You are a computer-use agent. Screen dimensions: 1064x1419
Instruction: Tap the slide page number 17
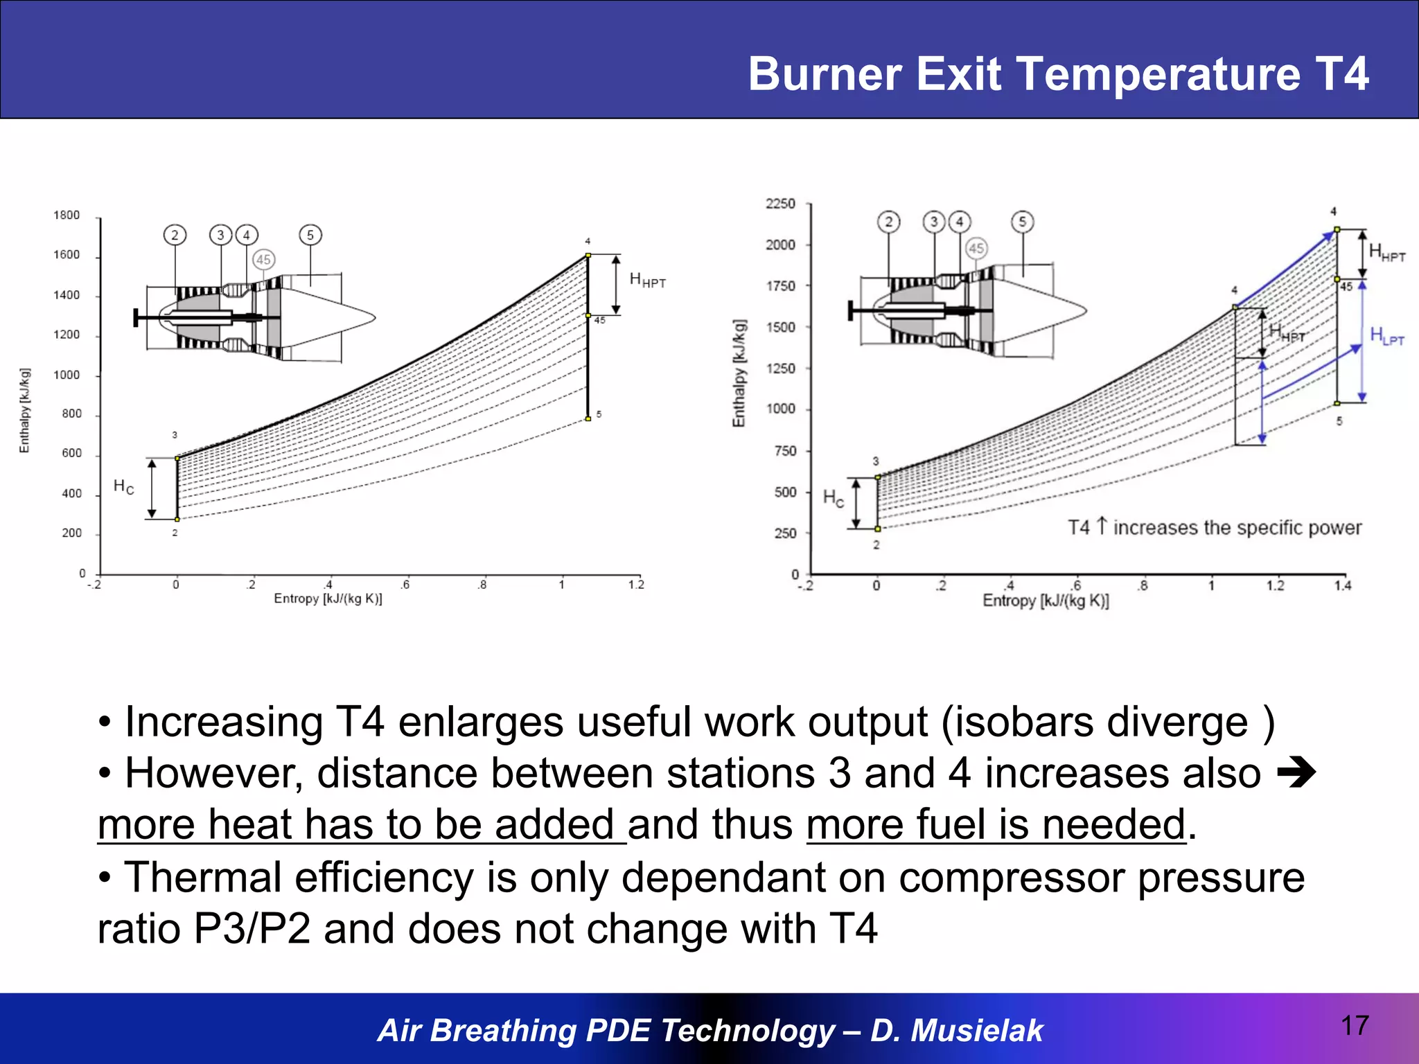(1355, 1026)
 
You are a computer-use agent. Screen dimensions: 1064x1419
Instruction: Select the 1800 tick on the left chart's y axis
(67, 215)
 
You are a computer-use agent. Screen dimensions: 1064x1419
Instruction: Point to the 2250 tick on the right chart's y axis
(780, 204)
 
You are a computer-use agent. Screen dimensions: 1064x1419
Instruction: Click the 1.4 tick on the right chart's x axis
(1343, 586)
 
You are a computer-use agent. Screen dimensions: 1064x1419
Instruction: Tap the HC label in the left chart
(123, 487)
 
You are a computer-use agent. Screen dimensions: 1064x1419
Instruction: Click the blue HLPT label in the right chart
(1386, 336)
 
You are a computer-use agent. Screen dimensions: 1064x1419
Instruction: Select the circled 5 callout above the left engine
(310, 235)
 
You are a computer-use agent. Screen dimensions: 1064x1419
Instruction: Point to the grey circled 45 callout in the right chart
(976, 248)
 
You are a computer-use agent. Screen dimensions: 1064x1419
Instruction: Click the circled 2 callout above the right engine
(889, 222)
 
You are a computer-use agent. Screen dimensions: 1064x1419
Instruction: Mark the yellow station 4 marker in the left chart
(588, 256)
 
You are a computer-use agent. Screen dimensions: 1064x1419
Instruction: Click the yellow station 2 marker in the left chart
(177, 519)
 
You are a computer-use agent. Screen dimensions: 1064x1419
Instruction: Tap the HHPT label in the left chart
(647, 280)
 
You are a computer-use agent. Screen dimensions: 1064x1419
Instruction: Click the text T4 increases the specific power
(1214, 528)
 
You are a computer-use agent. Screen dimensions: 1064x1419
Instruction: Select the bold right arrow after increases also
(1296, 774)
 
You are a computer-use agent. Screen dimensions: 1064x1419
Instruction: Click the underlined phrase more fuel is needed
(996, 825)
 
